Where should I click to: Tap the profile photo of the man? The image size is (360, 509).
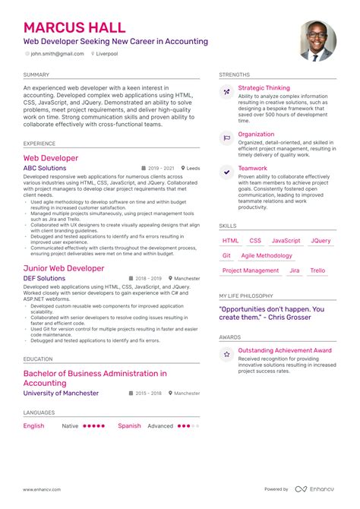coord(317,41)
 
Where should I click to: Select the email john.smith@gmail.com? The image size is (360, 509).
coord(56,55)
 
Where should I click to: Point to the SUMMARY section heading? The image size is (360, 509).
coord(36,75)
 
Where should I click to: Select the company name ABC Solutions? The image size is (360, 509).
coord(45,168)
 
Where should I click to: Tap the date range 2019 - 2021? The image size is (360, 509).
coord(162,168)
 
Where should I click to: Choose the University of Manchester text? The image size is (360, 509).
coord(61,393)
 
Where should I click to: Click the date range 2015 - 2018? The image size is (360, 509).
coord(150,394)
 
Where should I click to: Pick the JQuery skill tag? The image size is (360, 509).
coord(321,241)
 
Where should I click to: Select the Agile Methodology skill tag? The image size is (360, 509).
coord(267,256)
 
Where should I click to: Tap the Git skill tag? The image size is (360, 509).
coord(227,256)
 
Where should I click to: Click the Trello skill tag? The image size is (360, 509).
coord(317,270)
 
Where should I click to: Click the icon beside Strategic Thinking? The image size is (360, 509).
coord(226,92)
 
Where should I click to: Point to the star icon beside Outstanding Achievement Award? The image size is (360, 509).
coord(226,354)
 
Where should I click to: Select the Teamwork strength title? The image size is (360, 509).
coord(252,169)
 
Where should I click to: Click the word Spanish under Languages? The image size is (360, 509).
coord(129,426)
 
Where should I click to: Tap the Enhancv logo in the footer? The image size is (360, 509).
coord(316,488)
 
